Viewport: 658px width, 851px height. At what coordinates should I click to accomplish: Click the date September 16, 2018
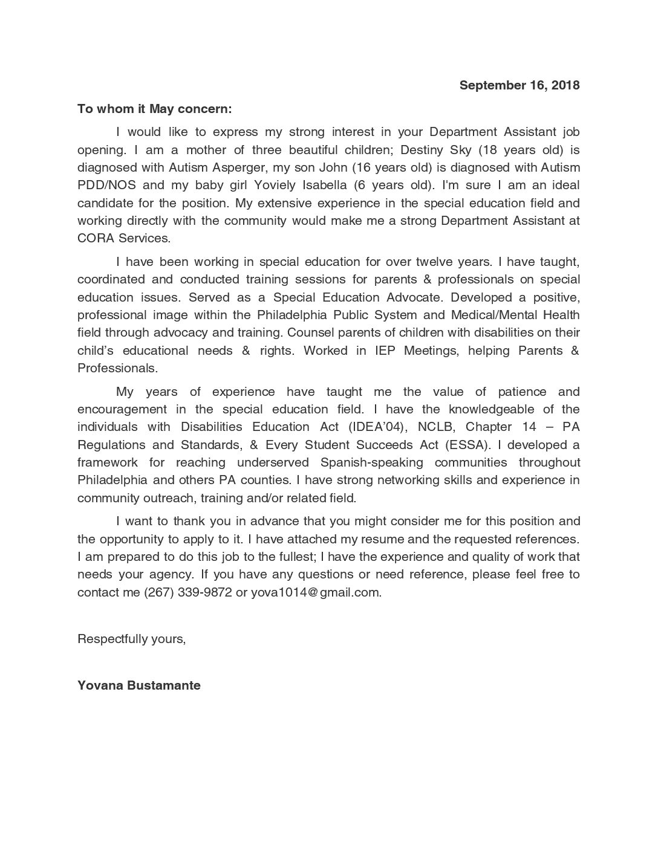(519, 85)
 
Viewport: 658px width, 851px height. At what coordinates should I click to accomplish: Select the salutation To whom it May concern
(154, 109)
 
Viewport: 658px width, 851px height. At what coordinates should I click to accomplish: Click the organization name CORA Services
(123, 238)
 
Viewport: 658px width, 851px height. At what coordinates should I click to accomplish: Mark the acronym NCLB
(435, 427)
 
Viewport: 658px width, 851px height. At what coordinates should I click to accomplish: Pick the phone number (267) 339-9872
(187, 592)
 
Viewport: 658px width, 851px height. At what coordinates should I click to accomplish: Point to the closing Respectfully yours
(131, 638)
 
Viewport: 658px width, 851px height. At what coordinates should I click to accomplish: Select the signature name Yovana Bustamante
(139, 685)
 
